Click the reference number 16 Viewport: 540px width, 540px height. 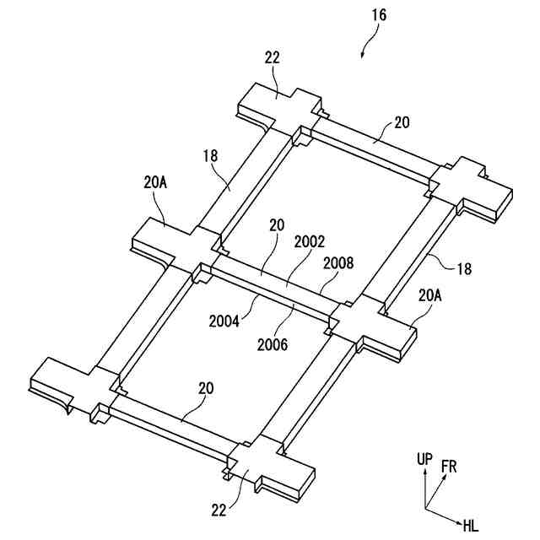377,15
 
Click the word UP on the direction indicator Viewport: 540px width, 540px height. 424,460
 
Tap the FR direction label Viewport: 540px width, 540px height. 449,467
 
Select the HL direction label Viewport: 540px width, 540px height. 471,526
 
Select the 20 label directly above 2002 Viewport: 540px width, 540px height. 277,226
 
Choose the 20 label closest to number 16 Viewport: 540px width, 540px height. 402,122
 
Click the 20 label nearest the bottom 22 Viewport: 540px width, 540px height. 206,388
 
